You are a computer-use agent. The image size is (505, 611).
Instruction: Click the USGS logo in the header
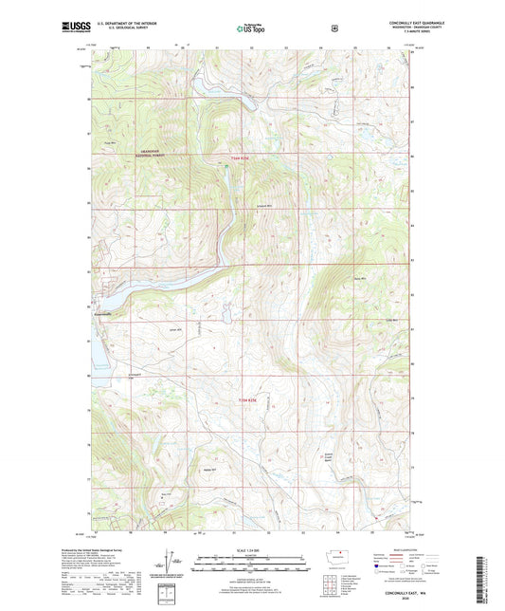(x=75, y=28)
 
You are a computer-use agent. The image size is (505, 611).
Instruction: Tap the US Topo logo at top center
(x=252, y=28)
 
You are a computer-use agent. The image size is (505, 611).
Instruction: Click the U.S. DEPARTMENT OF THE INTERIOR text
(x=124, y=21)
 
